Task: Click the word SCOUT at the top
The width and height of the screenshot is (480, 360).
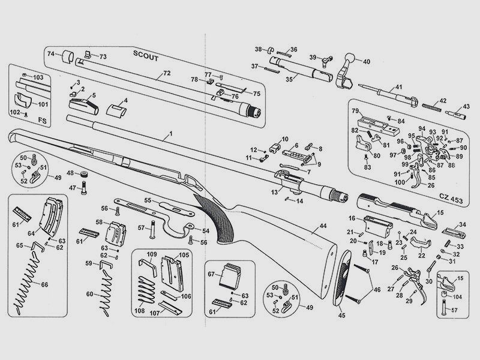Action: point(145,53)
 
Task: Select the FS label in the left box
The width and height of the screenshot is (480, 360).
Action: point(43,119)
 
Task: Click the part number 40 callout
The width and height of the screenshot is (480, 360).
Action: point(367,61)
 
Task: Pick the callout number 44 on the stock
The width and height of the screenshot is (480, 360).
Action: point(322,226)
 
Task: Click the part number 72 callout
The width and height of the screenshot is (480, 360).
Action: point(166,75)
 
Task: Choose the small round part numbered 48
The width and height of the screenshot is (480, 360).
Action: point(84,175)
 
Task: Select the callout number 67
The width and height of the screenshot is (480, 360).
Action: point(211,274)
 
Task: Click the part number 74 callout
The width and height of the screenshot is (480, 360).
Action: point(51,53)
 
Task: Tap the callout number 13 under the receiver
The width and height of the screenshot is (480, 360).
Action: point(274,192)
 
